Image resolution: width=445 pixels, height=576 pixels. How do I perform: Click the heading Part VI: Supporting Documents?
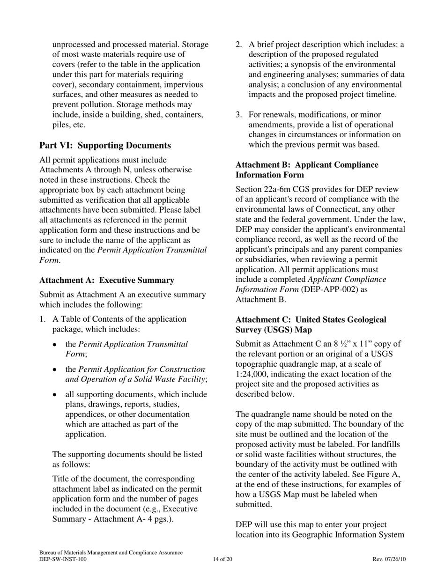coord(105,145)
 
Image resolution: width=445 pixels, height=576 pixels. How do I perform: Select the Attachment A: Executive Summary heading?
coord(107,280)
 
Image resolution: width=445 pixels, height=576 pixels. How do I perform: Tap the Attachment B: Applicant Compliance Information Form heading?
coord(307,170)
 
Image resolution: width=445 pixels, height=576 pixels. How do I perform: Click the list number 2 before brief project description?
coord(238,45)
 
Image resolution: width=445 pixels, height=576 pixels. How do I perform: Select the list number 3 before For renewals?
coord(238,115)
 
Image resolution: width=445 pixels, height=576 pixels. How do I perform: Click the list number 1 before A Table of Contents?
coord(42,319)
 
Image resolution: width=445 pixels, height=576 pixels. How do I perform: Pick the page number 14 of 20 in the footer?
coord(222,559)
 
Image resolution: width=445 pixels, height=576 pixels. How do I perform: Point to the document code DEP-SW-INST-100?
coord(63,559)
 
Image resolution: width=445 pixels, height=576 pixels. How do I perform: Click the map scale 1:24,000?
coord(254,374)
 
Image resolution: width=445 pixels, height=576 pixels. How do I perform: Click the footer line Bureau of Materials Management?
coord(111,553)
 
